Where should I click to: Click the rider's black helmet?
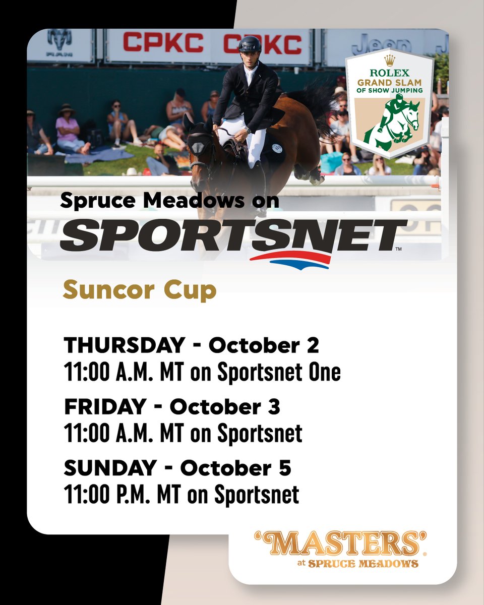[x=251, y=44]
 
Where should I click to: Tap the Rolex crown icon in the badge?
[x=389, y=60]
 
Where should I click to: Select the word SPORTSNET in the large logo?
[x=233, y=235]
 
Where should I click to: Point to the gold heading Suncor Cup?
[x=140, y=290]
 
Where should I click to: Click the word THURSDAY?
[x=124, y=345]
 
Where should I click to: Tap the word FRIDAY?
[x=104, y=407]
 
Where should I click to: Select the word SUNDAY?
[x=109, y=468]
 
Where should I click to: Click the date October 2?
[x=264, y=345]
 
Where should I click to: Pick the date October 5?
[x=235, y=468]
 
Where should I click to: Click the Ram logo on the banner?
[x=59, y=43]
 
